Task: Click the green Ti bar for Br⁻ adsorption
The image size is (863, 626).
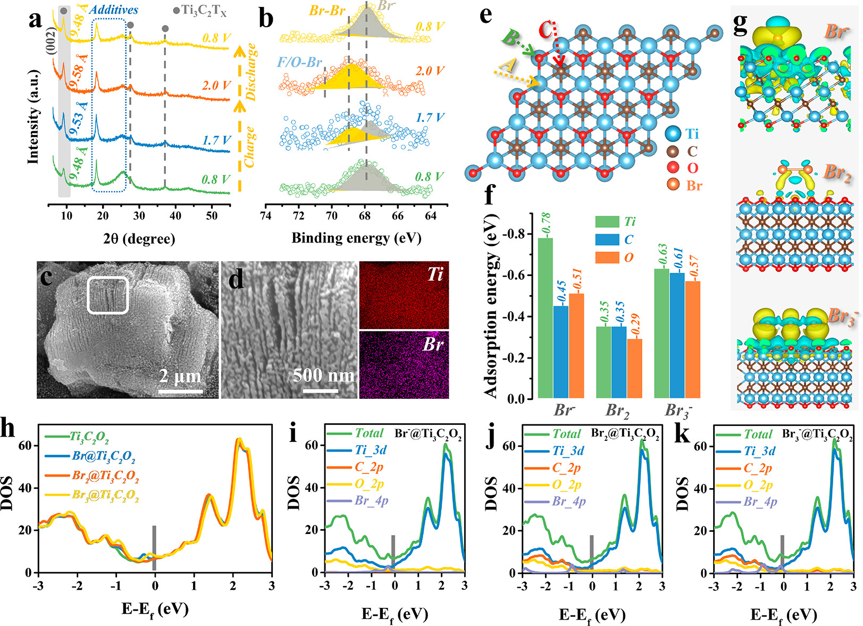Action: pos(545,319)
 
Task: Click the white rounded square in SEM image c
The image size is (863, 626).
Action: pos(108,295)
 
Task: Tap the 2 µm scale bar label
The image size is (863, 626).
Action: pos(181,377)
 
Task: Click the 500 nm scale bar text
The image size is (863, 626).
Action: pos(323,375)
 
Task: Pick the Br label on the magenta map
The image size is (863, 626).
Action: pos(433,345)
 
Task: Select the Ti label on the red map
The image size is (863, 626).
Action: pos(435,274)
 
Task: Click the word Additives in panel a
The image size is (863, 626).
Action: pos(114,10)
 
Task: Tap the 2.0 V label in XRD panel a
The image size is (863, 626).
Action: pos(216,86)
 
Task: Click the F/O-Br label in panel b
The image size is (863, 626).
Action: pos(299,63)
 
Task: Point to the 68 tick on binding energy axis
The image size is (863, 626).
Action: pos(365,215)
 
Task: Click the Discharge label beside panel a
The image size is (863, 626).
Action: pos(252,72)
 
